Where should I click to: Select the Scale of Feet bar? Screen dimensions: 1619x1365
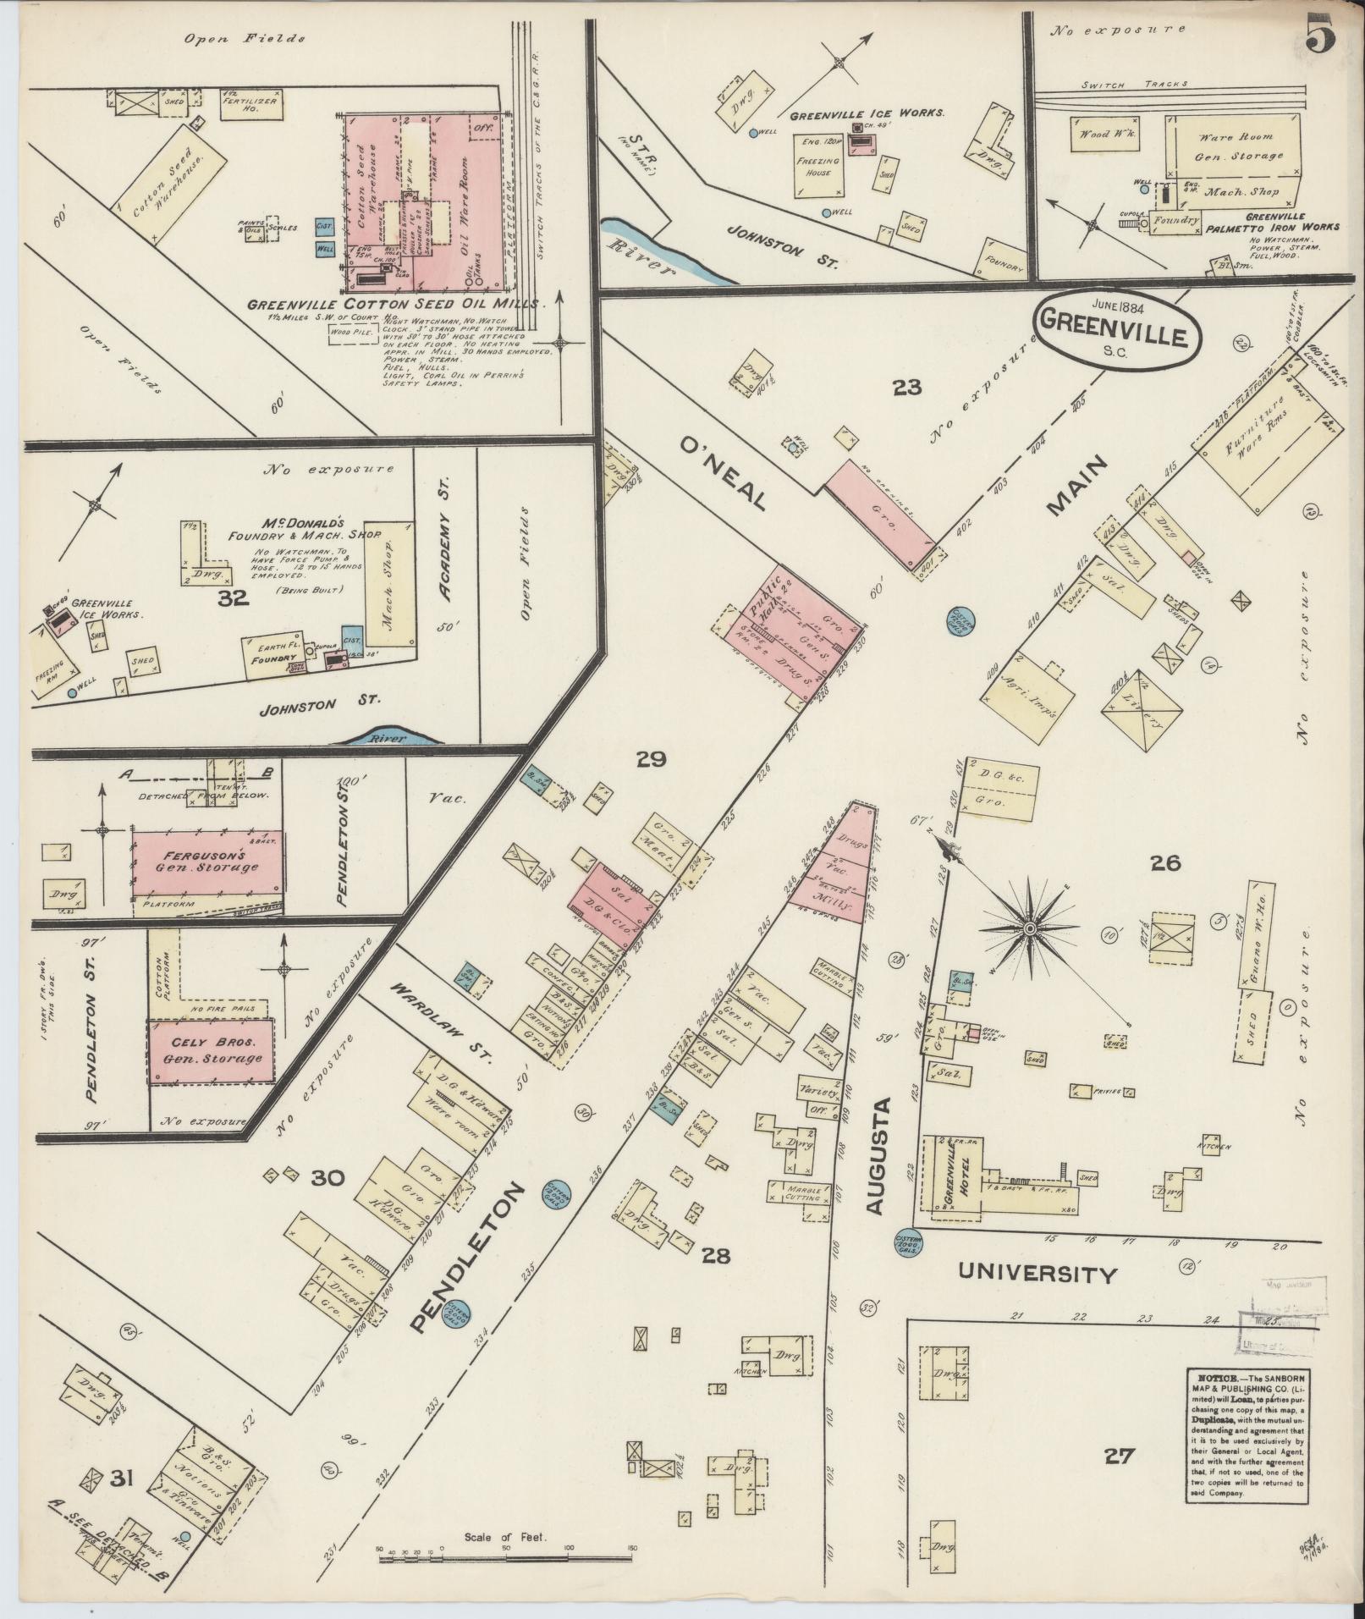point(505,1550)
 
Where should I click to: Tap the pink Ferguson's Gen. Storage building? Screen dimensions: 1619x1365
point(206,862)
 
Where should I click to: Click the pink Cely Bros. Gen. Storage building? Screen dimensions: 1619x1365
point(212,1051)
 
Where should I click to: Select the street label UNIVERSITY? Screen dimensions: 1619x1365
point(1038,1274)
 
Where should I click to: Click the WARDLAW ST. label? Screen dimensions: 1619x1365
point(439,1022)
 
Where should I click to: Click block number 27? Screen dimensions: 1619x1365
point(1119,1456)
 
